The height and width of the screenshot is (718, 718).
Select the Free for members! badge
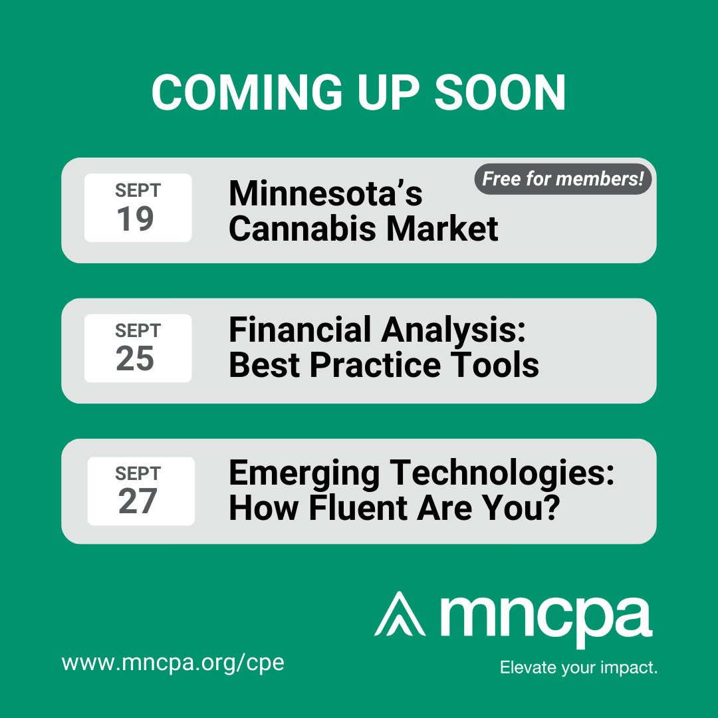[x=562, y=179]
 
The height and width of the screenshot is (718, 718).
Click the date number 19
[x=136, y=219]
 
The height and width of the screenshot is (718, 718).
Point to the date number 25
[x=136, y=359]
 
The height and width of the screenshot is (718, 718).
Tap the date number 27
[x=138, y=502]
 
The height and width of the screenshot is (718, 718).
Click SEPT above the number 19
[x=138, y=191]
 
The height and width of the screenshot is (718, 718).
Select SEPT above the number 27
[x=138, y=473]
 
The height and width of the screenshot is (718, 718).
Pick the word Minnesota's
[x=326, y=194]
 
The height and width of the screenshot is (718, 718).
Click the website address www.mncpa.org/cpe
[x=173, y=663]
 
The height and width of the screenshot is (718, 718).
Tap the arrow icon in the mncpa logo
[x=400, y=613]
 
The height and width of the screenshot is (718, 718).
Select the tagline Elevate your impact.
[x=578, y=667]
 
